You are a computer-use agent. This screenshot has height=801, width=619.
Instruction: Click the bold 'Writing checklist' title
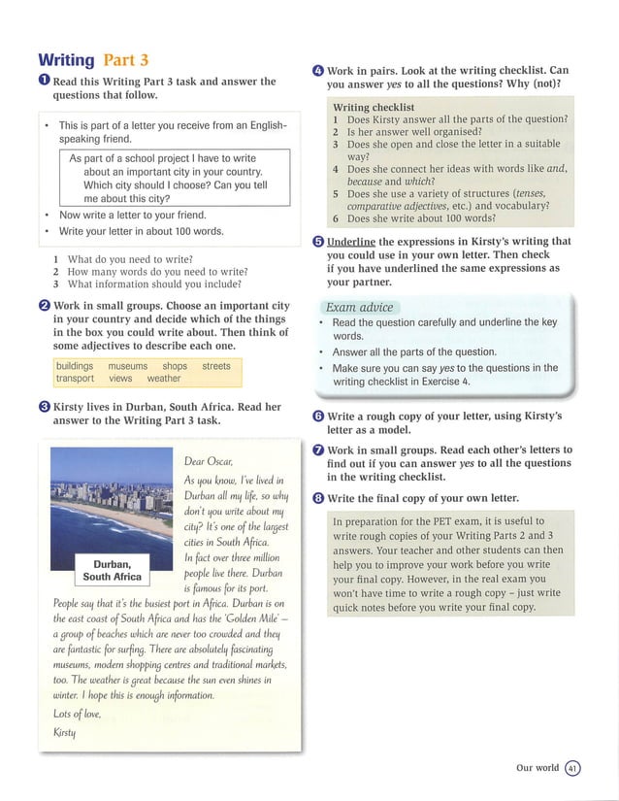coord(374,107)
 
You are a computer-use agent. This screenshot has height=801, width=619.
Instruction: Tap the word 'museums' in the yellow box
coord(127,366)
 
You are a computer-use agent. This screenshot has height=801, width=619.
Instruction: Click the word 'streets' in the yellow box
coord(216,366)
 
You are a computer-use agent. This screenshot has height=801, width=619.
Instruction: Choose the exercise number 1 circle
coord(44,82)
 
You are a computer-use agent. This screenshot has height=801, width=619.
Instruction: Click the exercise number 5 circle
coord(318,241)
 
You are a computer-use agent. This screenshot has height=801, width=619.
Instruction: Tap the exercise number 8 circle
coord(318,498)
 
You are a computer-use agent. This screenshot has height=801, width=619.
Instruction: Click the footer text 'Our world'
coord(538,767)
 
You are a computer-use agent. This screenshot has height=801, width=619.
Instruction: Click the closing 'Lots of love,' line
coord(79,714)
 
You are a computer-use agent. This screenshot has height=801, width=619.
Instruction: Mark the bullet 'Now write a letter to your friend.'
coord(133,215)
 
